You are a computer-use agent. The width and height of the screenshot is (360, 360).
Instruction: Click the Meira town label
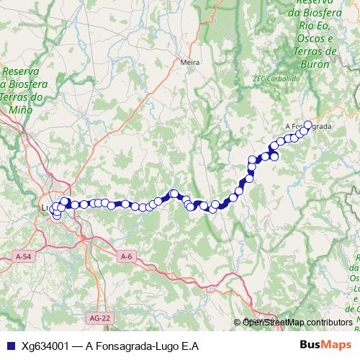coord(190,63)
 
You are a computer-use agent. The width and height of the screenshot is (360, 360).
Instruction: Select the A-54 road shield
coord(23,256)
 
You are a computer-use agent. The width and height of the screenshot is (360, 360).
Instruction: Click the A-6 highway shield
coord(127,256)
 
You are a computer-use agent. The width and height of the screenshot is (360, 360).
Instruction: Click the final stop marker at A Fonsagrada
coord(307,125)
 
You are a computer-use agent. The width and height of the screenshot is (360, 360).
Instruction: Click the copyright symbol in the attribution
coord(238,322)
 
